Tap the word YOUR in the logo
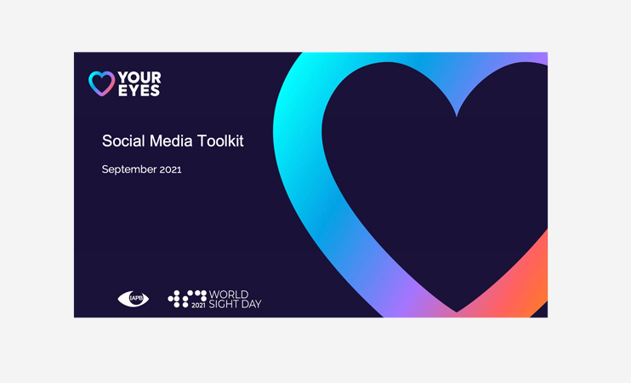[x=139, y=77]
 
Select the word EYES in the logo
[x=139, y=90]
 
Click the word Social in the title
[x=123, y=141]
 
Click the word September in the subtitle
[x=128, y=169]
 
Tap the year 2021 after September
[x=171, y=169]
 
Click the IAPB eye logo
[x=134, y=299]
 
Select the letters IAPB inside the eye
[x=136, y=299]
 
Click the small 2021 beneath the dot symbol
[x=198, y=306]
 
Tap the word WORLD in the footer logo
[x=229, y=294]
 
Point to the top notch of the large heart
[x=457, y=117]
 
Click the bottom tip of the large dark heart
[x=457, y=312]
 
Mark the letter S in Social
[x=106, y=141]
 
